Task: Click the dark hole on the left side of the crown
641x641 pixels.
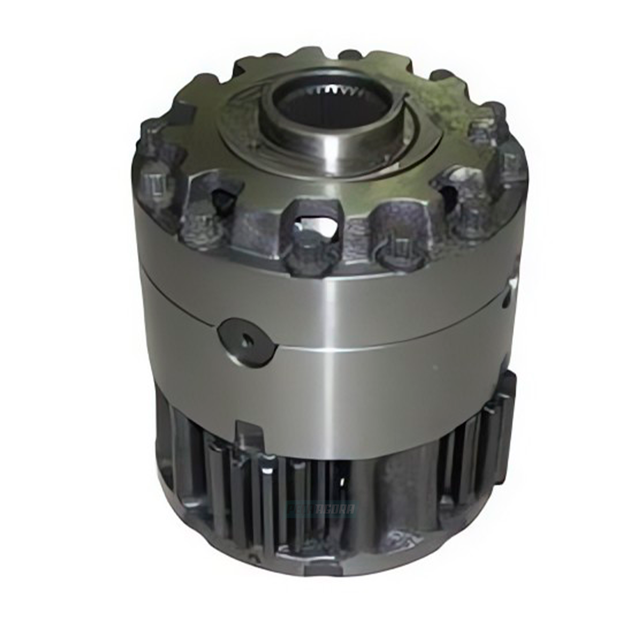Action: [x=220, y=200]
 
